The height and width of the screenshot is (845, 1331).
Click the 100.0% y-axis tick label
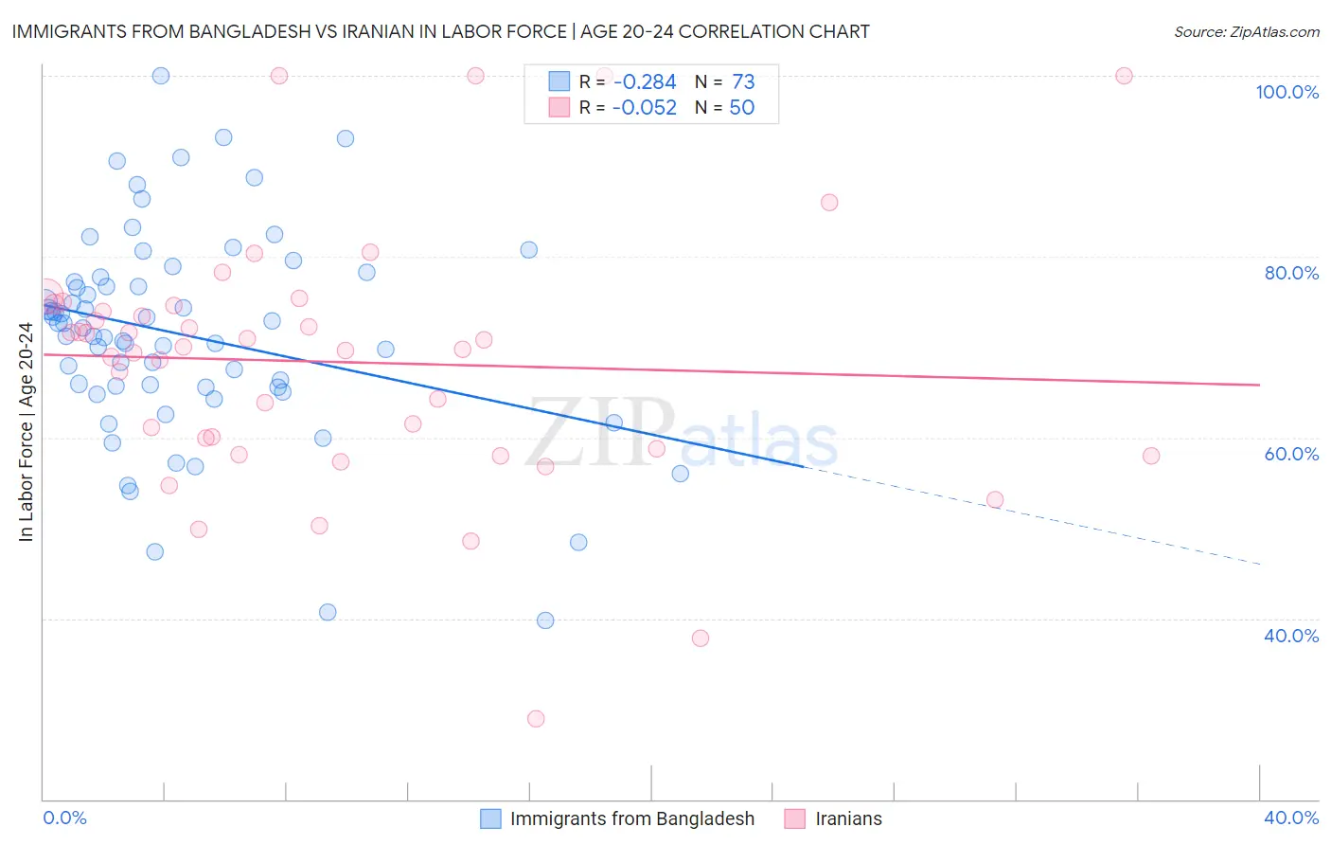[1287, 92]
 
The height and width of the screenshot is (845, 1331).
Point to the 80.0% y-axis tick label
[1291, 273]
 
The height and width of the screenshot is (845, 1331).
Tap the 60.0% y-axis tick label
[1291, 454]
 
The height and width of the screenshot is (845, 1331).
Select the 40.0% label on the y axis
[1291, 636]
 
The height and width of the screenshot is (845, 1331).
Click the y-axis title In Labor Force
[26, 432]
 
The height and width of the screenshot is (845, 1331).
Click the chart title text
[440, 31]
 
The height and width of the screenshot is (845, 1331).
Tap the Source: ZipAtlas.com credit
[1246, 31]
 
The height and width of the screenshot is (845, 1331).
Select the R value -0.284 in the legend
[644, 82]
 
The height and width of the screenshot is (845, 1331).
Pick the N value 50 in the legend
[741, 108]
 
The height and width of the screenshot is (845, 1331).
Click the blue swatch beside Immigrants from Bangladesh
[490, 818]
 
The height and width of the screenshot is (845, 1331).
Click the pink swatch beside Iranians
[795, 818]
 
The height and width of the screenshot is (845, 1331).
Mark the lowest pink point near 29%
[536, 719]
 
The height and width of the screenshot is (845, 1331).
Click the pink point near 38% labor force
[701, 638]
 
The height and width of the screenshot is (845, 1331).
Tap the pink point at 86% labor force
[829, 202]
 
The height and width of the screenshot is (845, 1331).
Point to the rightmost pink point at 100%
[1124, 76]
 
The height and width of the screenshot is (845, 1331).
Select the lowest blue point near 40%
[545, 620]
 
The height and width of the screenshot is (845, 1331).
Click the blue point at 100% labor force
[161, 76]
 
